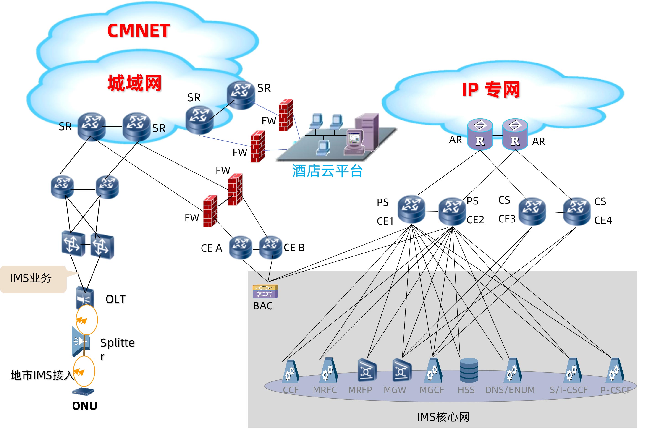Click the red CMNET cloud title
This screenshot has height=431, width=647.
coord(138,31)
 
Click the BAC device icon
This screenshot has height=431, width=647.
coord(265,292)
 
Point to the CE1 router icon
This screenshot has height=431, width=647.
coord(411,209)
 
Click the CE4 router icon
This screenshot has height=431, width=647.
coord(577,211)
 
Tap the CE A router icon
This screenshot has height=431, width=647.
coord(240,247)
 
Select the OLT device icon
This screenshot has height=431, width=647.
coord(85,298)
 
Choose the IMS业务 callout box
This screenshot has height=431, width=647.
coord(33,278)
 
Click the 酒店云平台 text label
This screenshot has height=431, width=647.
coord(327,171)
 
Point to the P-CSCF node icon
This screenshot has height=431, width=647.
coord(615,370)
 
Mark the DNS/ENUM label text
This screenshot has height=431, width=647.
coord(510,390)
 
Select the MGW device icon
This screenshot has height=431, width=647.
coord(402,370)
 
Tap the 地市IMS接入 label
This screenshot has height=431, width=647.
coord(42,375)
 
